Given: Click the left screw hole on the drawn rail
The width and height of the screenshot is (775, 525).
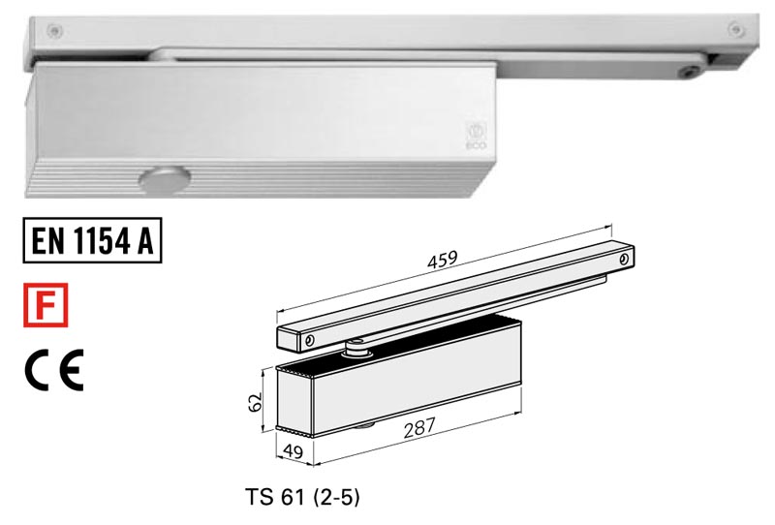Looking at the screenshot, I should point(310,340).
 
